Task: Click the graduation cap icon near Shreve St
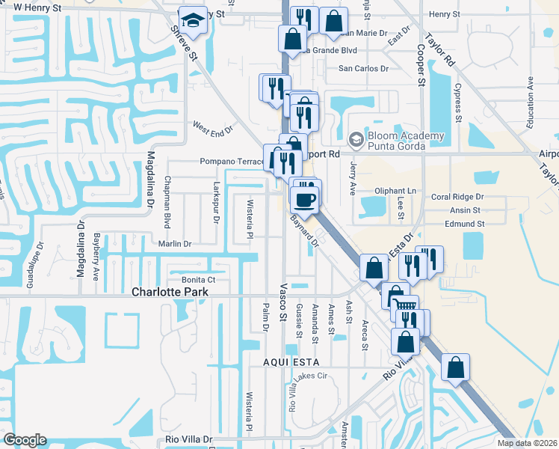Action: click(194, 22)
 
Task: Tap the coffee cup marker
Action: click(305, 199)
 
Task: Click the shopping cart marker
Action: click(404, 305)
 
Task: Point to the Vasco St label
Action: click(283, 308)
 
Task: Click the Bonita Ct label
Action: click(200, 279)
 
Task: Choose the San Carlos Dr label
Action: click(364, 69)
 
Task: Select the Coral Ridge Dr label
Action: click(457, 197)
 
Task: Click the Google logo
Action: click(25, 440)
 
